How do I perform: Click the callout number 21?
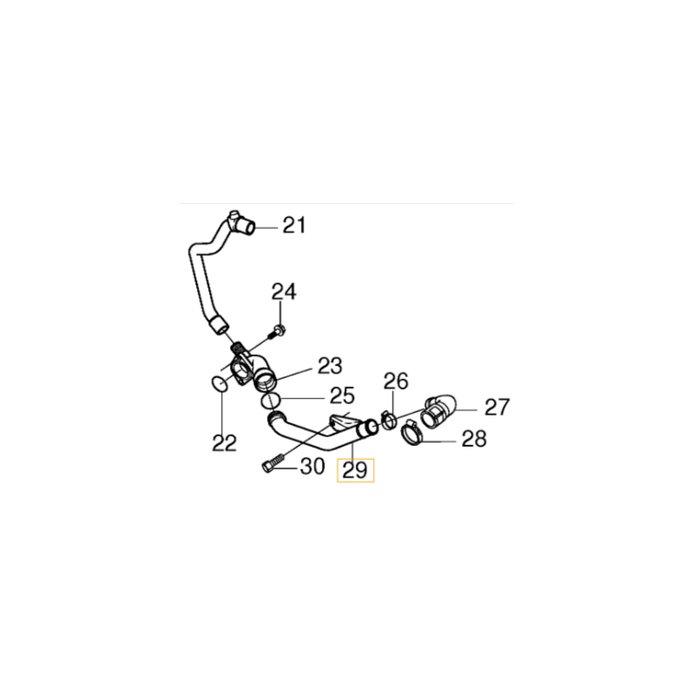click(294, 226)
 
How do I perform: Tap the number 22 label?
click(225, 443)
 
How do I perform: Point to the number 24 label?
click(284, 292)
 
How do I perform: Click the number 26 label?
click(396, 381)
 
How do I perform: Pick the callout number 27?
click(497, 406)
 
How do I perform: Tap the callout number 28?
click(474, 439)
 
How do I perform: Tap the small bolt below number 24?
click(278, 330)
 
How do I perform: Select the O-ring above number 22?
click(221, 383)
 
